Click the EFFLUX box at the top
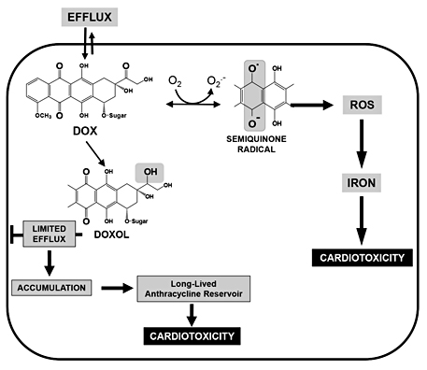[x=89, y=16]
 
